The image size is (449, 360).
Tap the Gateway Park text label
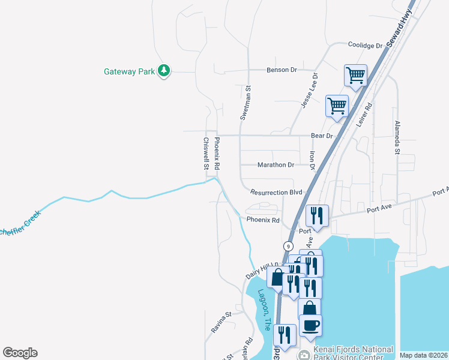point(130,71)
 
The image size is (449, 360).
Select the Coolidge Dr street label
point(366,46)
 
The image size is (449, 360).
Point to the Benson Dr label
point(282,70)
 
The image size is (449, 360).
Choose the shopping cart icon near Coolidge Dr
point(355,76)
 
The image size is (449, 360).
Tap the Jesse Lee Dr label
point(310,91)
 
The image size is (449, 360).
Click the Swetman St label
point(246,103)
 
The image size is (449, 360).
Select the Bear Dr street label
point(322,136)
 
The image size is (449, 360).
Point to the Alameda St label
point(397,137)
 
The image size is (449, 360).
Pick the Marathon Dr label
point(276,165)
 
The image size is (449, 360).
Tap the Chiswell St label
point(206,154)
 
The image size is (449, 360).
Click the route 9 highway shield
point(289,246)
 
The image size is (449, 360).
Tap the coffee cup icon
point(310,325)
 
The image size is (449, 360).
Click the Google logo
point(20,353)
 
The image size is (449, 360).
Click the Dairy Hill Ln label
point(262,271)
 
